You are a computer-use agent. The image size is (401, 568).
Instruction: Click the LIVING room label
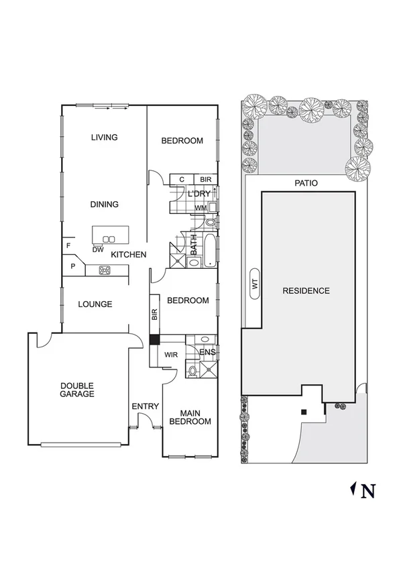104,137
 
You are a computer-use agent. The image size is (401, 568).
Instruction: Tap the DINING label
104,205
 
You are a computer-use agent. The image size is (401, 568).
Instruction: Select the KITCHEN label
128,255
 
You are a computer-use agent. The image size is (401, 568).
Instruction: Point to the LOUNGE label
95,304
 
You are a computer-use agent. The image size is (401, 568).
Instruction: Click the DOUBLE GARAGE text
77,390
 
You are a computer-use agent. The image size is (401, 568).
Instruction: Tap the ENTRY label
145,406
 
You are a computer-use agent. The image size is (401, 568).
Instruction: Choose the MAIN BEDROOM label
190,417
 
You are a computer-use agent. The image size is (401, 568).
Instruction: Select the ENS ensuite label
207,352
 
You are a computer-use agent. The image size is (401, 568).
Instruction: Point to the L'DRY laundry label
199,194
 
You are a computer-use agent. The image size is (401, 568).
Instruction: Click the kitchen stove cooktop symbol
105,271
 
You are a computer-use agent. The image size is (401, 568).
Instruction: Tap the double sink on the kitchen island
109,239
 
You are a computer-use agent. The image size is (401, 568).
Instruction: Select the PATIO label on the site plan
305,183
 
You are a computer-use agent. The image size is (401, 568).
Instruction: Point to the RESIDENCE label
306,291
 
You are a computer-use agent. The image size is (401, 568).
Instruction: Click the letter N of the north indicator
367,492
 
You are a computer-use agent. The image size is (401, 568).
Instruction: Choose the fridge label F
68,246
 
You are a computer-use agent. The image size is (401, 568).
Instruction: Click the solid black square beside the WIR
154,339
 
